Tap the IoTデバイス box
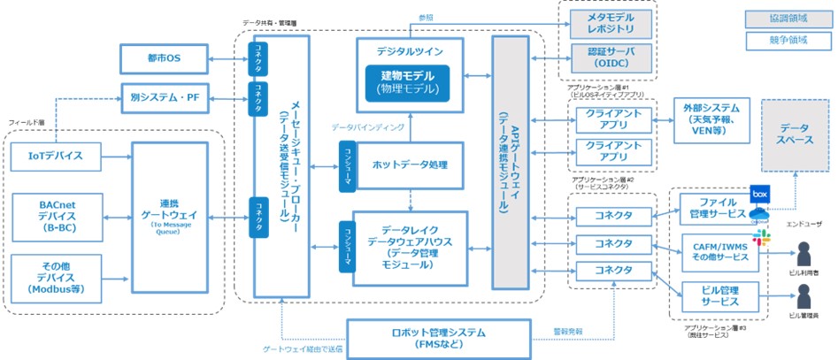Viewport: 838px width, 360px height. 55,157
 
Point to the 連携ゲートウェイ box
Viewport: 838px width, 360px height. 169,217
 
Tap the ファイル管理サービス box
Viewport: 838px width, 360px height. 717,209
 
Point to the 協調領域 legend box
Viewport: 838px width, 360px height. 780,18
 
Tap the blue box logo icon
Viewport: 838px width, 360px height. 759,192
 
